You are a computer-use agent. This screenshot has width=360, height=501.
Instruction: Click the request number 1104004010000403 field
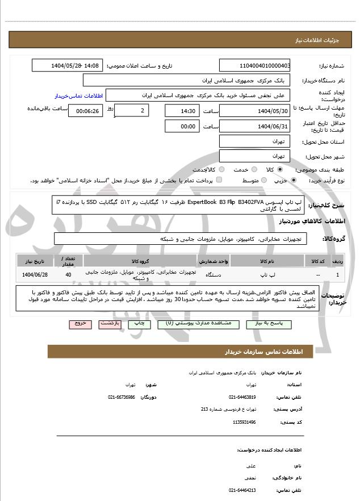[254, 65]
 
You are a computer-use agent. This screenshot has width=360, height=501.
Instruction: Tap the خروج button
[79, 323]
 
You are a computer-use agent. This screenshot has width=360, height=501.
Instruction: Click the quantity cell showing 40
[69, 275]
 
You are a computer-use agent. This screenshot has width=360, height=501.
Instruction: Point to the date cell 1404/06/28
[35, 275]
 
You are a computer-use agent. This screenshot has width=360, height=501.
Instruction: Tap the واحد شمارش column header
[214, 261]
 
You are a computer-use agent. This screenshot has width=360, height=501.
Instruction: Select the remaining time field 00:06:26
[86, 111]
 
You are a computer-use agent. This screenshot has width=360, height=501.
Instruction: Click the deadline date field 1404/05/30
[254, 111]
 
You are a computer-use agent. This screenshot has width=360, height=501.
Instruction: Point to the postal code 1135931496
[245, 422]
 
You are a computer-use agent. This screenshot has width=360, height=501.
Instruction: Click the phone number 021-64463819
[242, 397]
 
